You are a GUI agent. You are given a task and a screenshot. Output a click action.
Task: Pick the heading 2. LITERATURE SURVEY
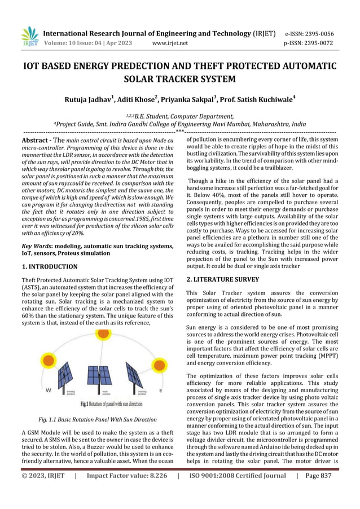click(x=222, y=279)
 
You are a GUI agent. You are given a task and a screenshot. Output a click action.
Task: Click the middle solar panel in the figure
click(x=100, y=379)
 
